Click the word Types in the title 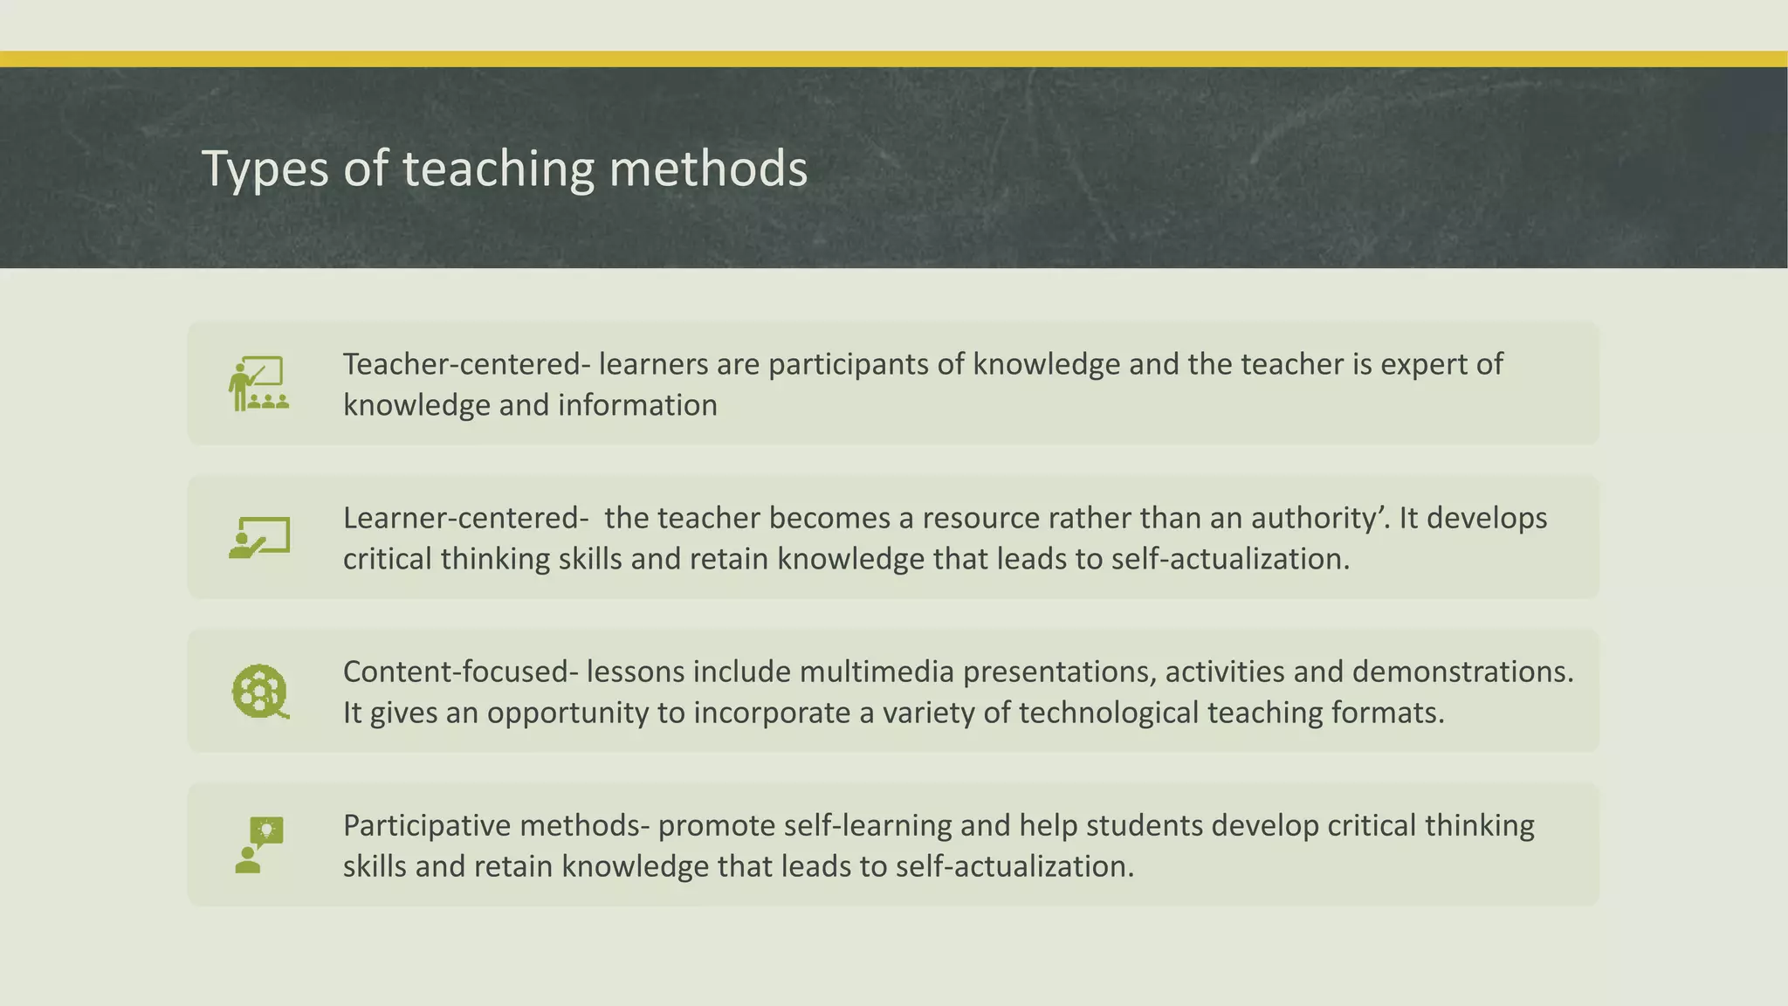(265, 169)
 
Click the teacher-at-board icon (258, 383)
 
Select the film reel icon (259, 692)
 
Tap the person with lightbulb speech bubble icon (259, 844)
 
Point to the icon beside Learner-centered (259, 537)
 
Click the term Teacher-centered (462, 364)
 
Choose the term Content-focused (457, 672)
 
